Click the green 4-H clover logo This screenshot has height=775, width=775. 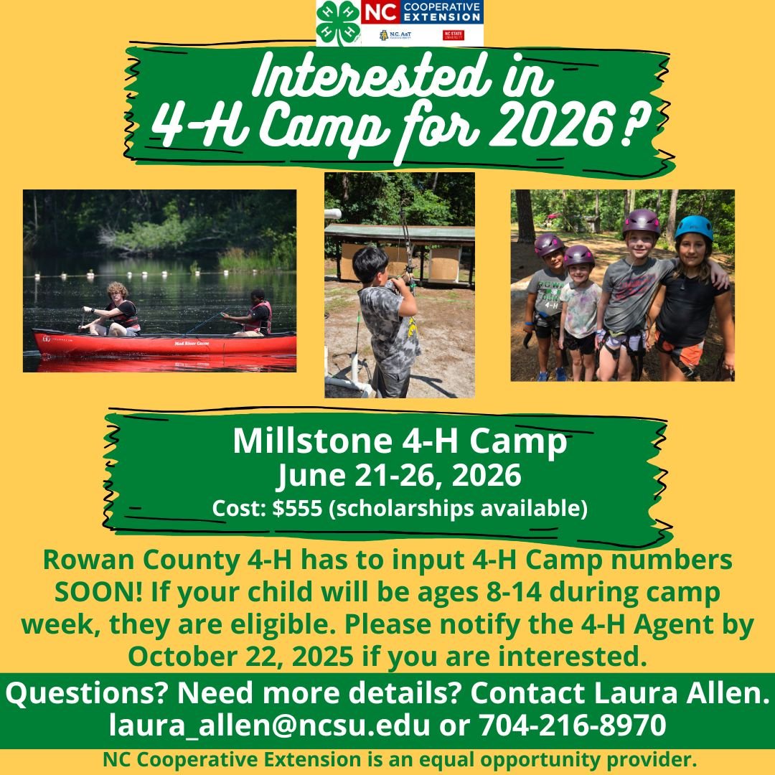(x=339, y=23)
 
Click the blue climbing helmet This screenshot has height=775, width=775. (x=694, y=227)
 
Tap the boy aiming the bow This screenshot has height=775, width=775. (x=389, y=321)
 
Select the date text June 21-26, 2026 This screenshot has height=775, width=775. (x=399, y=476)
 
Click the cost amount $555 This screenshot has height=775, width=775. (x=297, y=507)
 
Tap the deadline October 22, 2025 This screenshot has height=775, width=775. (x=240, y=657)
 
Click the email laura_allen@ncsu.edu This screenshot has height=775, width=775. (x=269, y=725)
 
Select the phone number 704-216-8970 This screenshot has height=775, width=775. (x=573, y=725)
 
